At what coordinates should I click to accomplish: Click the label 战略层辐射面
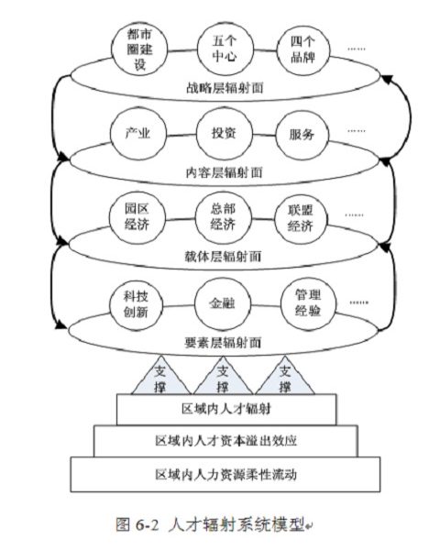click(x=225, y=88)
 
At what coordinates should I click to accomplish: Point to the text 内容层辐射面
click(x=224, y=172)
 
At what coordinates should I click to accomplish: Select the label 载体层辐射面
click(x=223, y=257)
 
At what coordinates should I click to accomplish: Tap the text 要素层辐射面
click(x=223, y=342)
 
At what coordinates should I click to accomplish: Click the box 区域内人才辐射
click(x=226, y=410)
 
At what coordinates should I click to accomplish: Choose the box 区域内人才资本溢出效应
click(x=226, y=441)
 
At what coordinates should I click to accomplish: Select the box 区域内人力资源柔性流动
click(x=225, y=474)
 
